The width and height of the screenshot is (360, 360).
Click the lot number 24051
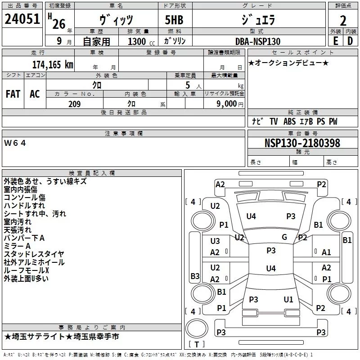[x=22, y=19]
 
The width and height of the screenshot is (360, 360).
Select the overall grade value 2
[x=343, y=21]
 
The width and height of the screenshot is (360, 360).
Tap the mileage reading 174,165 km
[x=53, y=64]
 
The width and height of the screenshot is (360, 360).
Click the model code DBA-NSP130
[x=258, y=41]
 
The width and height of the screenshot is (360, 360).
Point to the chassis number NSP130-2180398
[x=302, y=143]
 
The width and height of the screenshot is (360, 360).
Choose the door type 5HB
[x=174, y=20]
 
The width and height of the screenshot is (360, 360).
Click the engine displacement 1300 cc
[x=141, y=41]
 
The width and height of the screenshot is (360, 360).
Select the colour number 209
[x=75, y=104]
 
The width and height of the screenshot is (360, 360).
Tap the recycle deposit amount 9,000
[x=227, y=104]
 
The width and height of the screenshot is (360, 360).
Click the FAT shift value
[x=13, y=94]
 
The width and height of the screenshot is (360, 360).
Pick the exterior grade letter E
[x=336, y=41]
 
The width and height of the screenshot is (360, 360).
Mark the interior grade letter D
[x=350, y=41]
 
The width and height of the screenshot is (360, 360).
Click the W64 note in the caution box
[x=15, y=143]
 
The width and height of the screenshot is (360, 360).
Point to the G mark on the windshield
[x=284, y=237]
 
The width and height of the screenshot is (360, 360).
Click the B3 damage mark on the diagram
[x=195, y=276]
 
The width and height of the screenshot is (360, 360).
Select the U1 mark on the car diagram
[x=288, y=299]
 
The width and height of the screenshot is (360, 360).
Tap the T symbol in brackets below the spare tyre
[x=197, y=344]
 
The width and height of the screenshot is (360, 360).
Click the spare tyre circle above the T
[x=197, y=328]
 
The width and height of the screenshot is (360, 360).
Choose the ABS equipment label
[x=289, y=121]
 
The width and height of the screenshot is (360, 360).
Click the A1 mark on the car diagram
[x=326, y=252]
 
